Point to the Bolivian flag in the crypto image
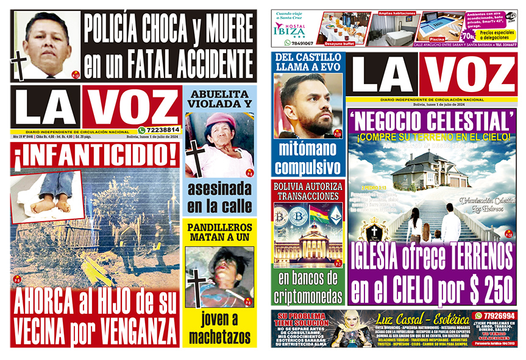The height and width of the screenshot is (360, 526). pyautogui.click(x=319, y=214)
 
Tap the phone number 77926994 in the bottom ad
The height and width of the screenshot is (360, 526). pyautogui.click(x=494, y=316)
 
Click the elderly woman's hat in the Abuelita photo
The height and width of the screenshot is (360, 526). pyautogui.click(x=219, y=121)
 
